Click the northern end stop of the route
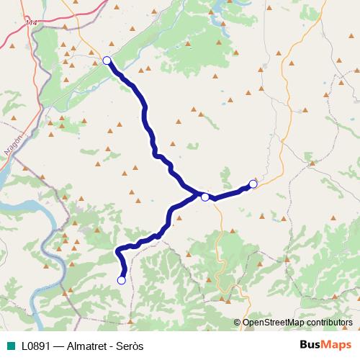pyautogui.click(x=107, y=60)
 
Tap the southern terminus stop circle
pyautogui.click(x=122, y=280)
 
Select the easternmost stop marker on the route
pyautogui.click(x=253, y=184)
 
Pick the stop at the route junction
pyautogui.click(x=205, y=197)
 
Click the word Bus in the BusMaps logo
pyautogui.click(x=311, y=344)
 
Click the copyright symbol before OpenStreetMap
pyautogui.click(x=238, y=322)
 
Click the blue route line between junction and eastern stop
pyautogui.click(x=229, y=192)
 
